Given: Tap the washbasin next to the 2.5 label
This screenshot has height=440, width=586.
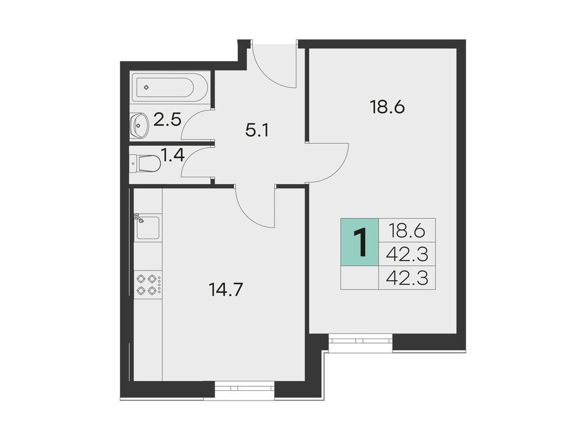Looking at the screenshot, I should pos(139,125).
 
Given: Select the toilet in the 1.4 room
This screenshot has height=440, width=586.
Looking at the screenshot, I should pos(148,163).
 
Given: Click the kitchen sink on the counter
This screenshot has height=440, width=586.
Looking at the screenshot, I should pos(148,228).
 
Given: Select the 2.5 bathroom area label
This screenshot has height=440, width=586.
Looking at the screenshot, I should pos(167,120).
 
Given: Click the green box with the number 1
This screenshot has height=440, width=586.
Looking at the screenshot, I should pos(359,242).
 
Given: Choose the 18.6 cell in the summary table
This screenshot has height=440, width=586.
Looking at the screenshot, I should pos(406,231).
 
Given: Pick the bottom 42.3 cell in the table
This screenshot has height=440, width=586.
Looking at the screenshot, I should pos(406,278).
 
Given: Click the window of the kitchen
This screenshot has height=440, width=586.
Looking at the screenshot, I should pos(244,388).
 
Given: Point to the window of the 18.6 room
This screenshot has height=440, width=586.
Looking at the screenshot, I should pos(361,342).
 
